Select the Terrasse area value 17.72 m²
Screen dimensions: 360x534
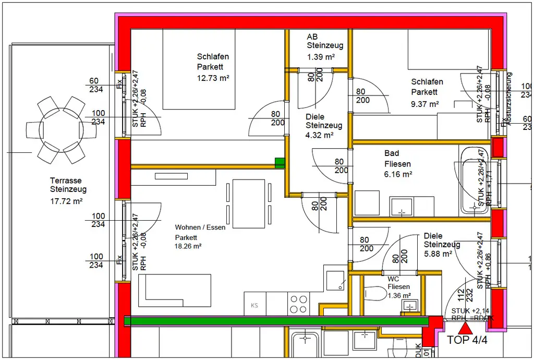[x=66, y=200]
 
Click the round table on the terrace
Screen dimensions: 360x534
[x=54, y=129]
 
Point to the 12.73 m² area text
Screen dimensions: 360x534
[x=213, y=77]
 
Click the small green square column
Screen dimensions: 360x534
[x=280, y=163]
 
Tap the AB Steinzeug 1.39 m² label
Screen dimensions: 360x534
[x=321, y=46]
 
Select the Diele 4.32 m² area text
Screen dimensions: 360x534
[x=320, y=135]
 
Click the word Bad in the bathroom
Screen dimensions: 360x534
[x=392, y=153]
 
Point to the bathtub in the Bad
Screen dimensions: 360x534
[x=472, y=180]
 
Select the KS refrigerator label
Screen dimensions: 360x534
[x=254, y=306]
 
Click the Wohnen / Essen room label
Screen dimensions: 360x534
[x=200, y=227]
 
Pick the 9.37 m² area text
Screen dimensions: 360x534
[x=424, y=104]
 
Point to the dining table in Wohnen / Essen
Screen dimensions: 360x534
[x=248, y=203]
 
